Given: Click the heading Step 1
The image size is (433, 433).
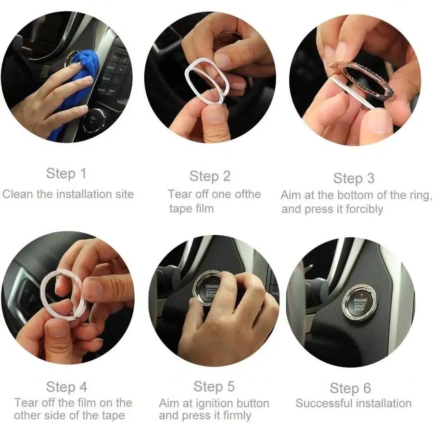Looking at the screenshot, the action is click(66, 174).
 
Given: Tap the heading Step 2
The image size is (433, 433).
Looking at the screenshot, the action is click(210, 176).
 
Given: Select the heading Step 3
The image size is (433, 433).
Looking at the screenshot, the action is click(354, 178).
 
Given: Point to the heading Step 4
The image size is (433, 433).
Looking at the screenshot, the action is click(66, 387).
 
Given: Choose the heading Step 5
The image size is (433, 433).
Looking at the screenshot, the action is click(214, 386).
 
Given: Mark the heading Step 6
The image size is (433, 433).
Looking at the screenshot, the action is click(350, 388).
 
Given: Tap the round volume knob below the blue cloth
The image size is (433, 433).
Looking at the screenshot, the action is click(94, 121).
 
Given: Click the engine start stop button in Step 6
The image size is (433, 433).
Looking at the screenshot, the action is click(359, 303).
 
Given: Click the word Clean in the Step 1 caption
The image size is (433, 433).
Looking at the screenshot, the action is click(18, 194).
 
